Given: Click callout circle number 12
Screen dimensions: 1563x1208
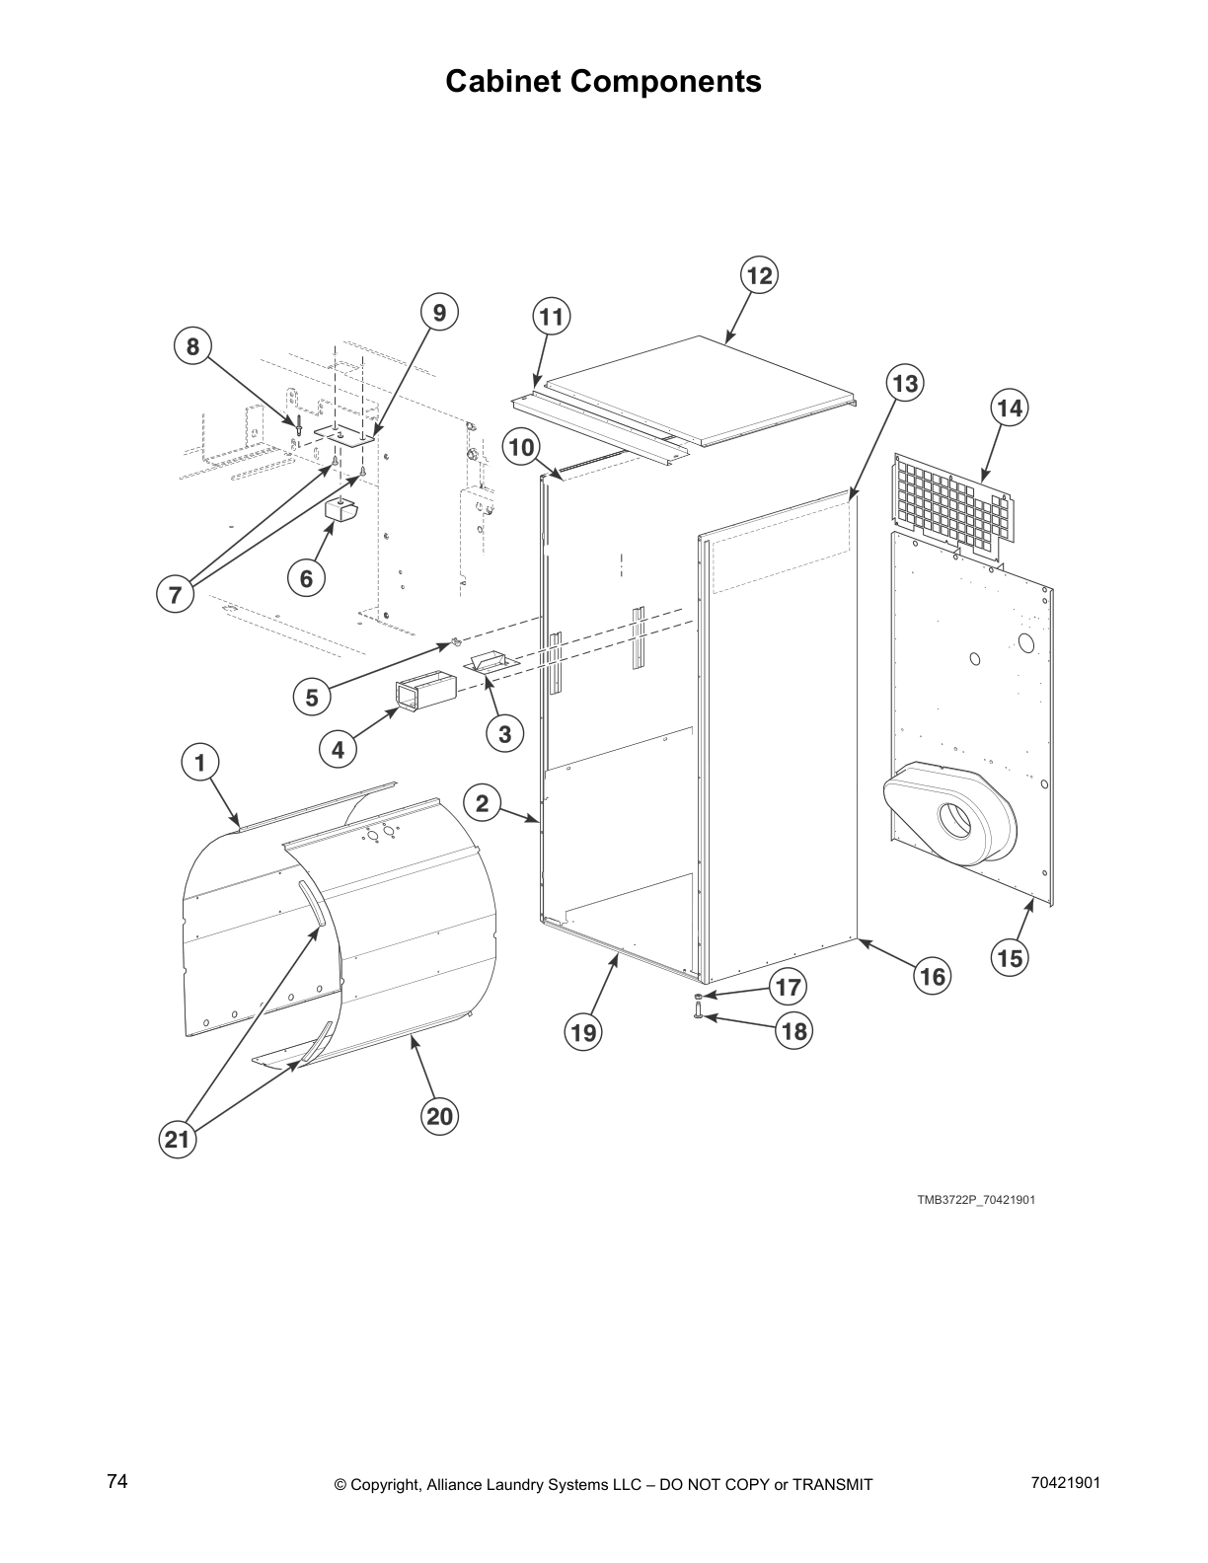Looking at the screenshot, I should [758, 276].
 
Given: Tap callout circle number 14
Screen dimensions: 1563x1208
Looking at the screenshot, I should [1009, 408].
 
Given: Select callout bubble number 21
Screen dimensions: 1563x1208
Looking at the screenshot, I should [178, 1141].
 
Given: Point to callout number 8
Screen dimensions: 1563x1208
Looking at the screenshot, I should [192, 346].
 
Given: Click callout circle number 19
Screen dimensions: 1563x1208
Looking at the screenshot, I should [583, 1032].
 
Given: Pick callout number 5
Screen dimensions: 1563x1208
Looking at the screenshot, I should [312, 697].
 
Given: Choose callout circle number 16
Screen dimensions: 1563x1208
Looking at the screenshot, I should [933, 977].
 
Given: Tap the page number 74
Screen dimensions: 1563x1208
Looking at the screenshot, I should [117, 1481].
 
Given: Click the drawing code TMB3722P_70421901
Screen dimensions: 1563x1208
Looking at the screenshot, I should [975, 1200].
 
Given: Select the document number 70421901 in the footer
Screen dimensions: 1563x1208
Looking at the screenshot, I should [1064, 1483].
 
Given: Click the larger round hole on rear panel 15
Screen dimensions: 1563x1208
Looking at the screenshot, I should [1026, 644].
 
